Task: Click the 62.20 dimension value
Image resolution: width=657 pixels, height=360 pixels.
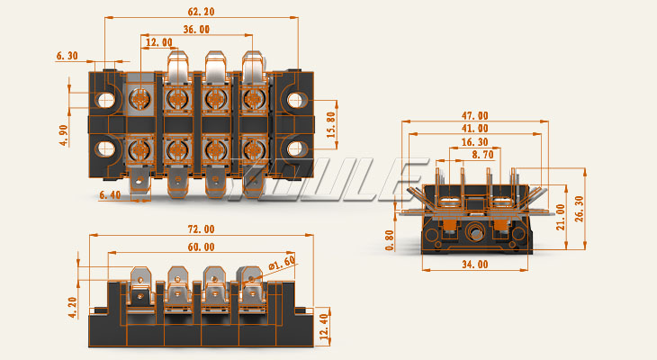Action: [202, 12]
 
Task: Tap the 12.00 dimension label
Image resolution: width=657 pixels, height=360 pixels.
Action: [158, 42]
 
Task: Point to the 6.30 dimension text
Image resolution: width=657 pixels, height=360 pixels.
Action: [67, 56]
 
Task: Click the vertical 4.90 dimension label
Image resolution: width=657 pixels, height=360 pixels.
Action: [64, 130]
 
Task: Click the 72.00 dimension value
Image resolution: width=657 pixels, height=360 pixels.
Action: [202, 229]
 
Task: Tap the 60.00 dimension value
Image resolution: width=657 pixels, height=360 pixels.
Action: [202, 247]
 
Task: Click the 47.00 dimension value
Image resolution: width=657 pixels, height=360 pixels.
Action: [475, 115]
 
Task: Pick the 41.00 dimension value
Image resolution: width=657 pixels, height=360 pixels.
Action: [475, 129]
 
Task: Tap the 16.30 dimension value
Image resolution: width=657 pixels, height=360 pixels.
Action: [475, 142]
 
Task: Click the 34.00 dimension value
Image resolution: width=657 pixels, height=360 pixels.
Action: [474, 265]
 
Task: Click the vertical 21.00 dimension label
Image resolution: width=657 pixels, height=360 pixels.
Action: [562, 217]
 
